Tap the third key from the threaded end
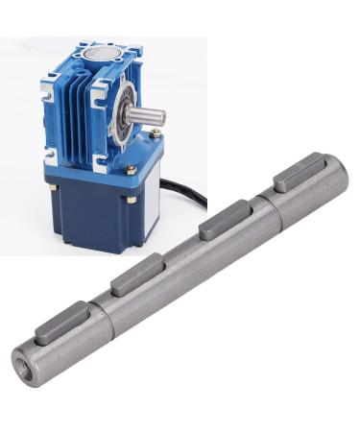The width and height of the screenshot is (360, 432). [219, 226]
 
